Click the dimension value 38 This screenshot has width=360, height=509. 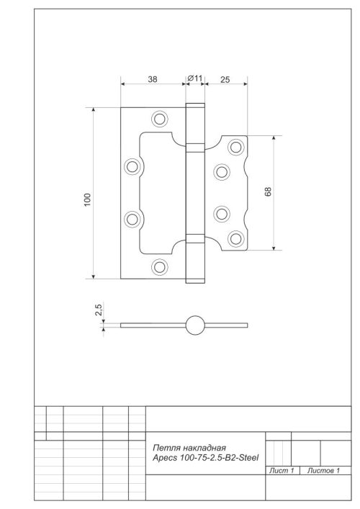[153, 80]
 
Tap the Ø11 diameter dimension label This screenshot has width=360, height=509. [196, 78]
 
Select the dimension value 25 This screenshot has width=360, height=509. [225, 80]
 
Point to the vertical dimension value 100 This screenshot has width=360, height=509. [87, 200]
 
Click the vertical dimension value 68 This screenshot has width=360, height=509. [268, 192]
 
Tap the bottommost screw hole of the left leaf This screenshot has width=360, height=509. [159, 267]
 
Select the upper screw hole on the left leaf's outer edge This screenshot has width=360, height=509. [132, 166]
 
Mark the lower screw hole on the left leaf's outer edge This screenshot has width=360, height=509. [132, 219]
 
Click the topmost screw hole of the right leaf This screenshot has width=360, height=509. [235, 148]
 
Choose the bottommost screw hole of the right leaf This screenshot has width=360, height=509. [235, 238]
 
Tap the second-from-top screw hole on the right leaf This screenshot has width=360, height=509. [222, 171]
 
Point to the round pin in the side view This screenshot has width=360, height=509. [194, 325]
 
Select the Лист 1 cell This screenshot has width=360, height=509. [282, 471]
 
